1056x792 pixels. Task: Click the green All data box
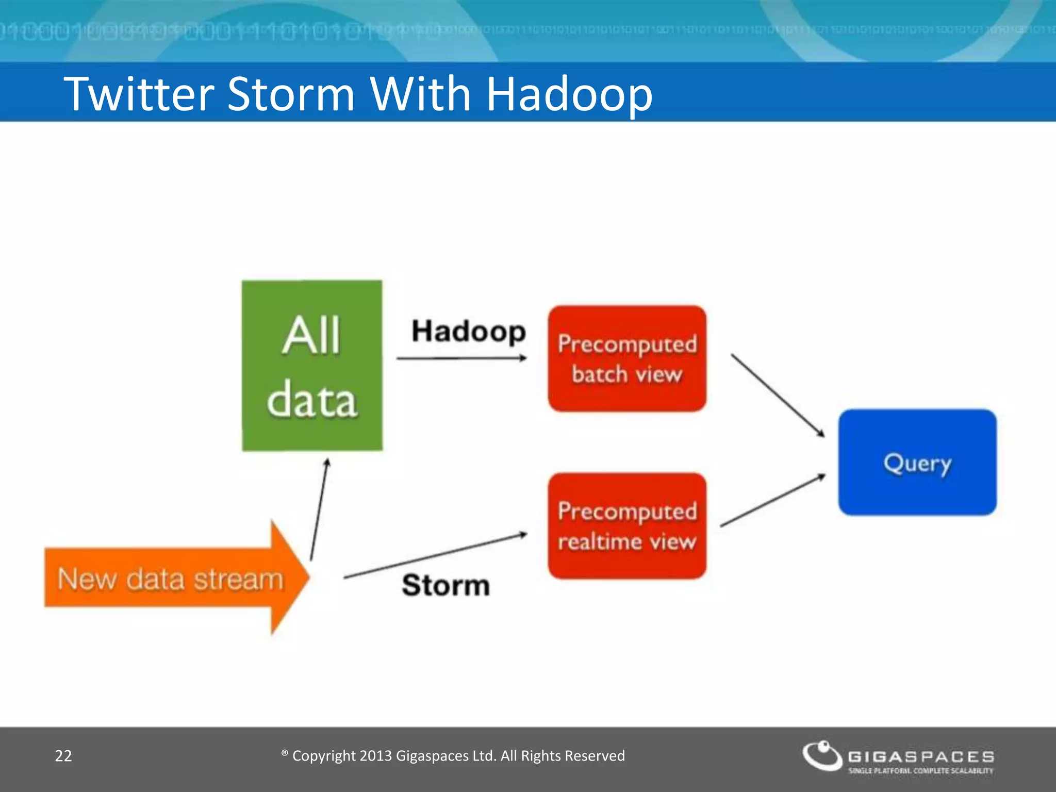(x=312, y=366)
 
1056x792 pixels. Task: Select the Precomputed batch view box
(x=627, y=359)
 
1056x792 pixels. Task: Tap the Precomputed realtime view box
(x=627, y=526)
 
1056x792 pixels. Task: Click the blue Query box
(x=917, y=463)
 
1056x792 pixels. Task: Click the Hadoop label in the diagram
(x=468, y=331)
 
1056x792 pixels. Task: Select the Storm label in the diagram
(x=446, y=585)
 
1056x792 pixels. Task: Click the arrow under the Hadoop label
(x=461, y=358)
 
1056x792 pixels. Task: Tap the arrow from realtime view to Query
(x=772, y=500)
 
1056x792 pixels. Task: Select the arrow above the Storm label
(x=436, y=556)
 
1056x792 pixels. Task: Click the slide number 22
(x=63, y=756)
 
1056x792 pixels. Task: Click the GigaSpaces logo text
(x=921, y=756)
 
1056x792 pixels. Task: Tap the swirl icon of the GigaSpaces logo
(x=822, y=755)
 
